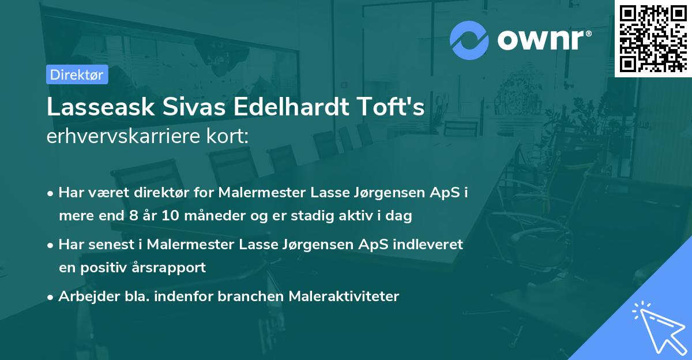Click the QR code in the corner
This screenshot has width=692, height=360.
pyautogui.click(x=653, y=39)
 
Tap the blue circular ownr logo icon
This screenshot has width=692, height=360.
pyautogui.click(x=469, y=40)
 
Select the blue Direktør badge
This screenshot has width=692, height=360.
pyautogui.click(x=77, y=74)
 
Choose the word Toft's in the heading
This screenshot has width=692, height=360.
pyautogui.click(x=393, y=107)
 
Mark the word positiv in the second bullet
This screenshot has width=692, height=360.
pyautogui.click(x=113, y=268)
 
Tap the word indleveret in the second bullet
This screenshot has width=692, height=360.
pyautogui.click(x=428, y=245)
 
